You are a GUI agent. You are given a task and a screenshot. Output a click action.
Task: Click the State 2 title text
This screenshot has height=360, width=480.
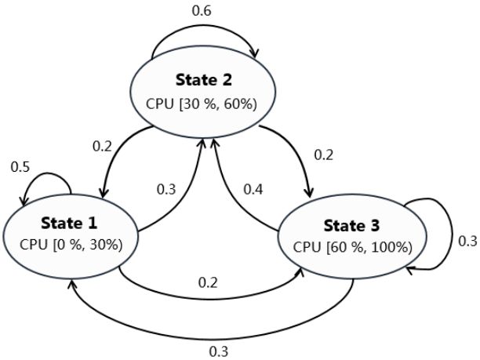coord(205,82)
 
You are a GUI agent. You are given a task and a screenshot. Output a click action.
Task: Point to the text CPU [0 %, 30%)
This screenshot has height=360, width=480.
coord(71,243)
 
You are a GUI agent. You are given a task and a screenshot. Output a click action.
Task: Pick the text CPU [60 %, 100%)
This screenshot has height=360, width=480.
coord(352,246)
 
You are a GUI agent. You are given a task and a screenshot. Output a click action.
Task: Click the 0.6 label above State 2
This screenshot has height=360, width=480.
coord(201,11)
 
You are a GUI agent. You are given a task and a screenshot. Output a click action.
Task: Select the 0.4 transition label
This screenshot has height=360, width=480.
coord(253,189)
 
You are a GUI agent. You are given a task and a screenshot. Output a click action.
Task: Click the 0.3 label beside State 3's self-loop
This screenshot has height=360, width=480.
coord(467,242)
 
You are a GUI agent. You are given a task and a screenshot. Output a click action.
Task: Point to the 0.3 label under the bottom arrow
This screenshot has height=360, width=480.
coord(220,351)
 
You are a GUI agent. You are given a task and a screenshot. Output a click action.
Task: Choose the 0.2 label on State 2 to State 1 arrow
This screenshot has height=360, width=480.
coord(101,147)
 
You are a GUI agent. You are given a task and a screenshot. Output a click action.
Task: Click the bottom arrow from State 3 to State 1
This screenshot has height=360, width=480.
coord(212,333)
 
